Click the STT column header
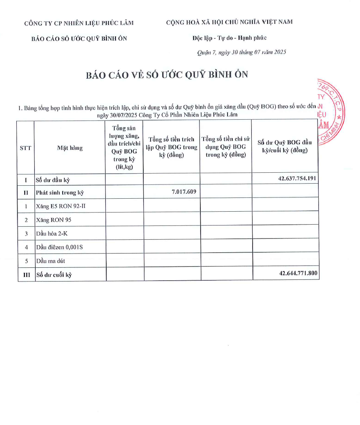point(26,148)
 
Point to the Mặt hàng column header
point(70,148)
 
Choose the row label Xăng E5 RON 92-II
point(62,206)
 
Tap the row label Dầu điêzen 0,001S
point(59,247)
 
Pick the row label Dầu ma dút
point(51,261)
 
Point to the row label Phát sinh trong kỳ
point(60,193)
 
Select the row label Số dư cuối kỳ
point(54,275)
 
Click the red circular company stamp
point(330,112)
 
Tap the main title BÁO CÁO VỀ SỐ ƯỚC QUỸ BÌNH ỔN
point(167,74)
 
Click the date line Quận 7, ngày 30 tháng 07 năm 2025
point(241,52)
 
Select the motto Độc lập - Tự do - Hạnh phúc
point(230,38)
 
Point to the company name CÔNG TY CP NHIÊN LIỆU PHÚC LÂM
point(79,23)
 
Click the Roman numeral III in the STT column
point(26,275)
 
